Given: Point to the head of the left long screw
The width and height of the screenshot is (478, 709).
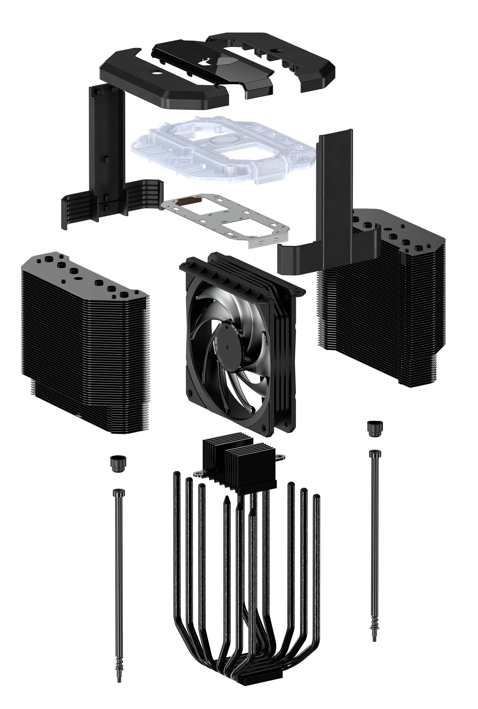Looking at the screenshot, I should tap(118, 492).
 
